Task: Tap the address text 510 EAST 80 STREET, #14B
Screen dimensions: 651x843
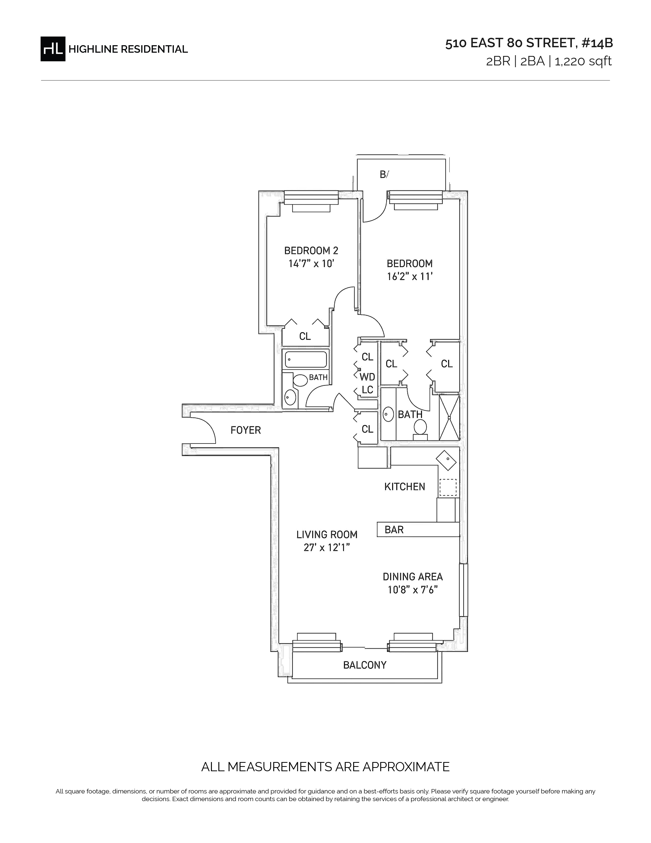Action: [x=529, y=43]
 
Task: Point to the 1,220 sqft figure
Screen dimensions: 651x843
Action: [x=583, y=61]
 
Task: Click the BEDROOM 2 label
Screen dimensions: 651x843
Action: [x=311, y=251]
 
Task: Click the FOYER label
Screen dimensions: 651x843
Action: [x=246, y=430]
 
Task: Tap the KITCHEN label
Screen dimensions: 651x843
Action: [x=405, y=486]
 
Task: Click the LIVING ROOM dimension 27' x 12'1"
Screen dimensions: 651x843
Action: [x=327, y=547]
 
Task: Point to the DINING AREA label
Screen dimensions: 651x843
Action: [x=413, y=577]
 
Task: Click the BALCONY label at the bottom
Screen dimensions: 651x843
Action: [x=365, y=665]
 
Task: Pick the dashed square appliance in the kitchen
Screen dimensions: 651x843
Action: [x=448, y=487]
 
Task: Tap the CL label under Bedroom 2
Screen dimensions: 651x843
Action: [x=305, y=336]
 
